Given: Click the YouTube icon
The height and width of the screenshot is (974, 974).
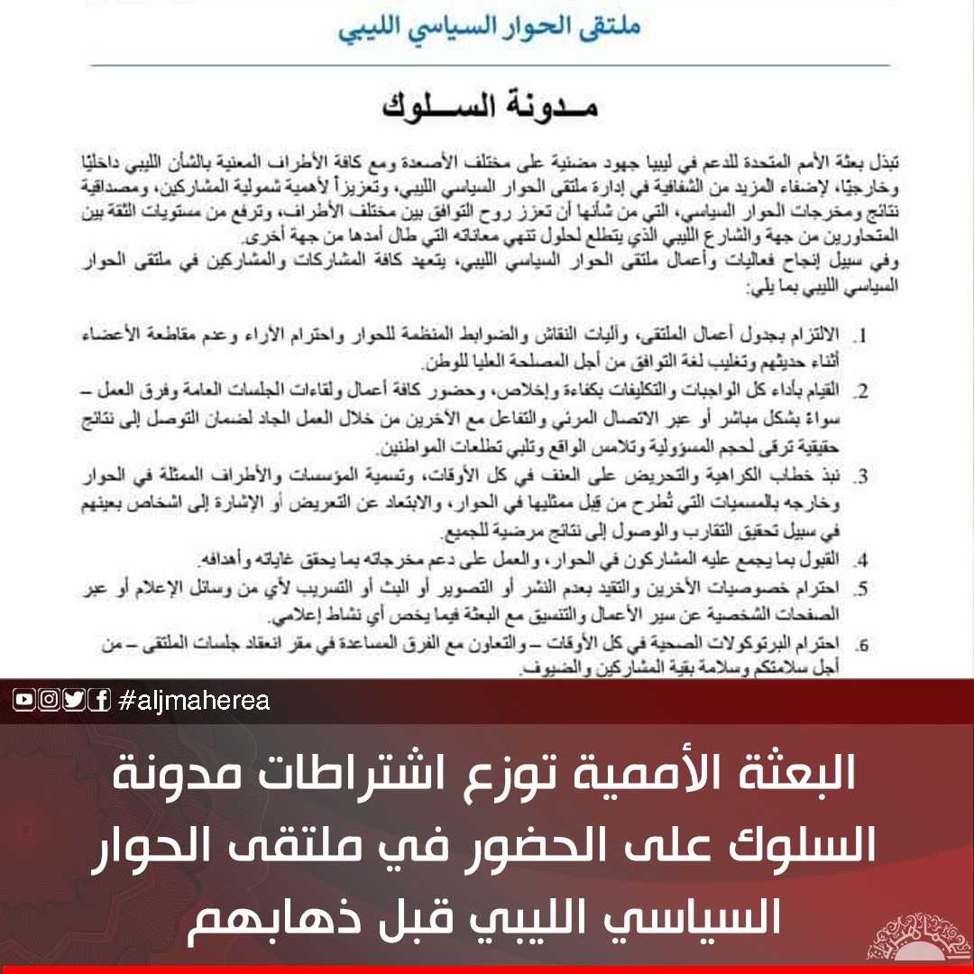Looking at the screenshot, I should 24,700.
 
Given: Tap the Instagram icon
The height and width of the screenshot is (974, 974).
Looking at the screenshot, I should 50,700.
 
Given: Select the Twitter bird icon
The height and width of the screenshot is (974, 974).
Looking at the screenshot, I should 74,700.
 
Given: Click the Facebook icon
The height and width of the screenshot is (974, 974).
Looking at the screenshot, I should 99,700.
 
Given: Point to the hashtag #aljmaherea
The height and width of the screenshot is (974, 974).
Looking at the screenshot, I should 193,701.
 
